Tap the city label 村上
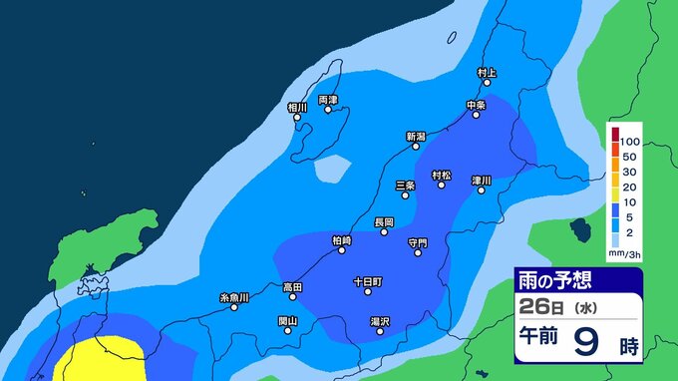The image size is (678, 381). coord(487,73)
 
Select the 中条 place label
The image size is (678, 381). coord(476,105)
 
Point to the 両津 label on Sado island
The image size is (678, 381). coord(328,101)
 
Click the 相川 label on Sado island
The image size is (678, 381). coord(297,108)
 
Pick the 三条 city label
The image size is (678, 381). coord(405,186)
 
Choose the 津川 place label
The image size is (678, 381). coord(482,181)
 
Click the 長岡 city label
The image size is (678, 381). coord(384,221)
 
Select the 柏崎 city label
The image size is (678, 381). coord(342,240)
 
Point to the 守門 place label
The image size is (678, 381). coord(417,242)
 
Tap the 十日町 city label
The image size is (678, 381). coord(367,282)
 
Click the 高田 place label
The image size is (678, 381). coord(292,287)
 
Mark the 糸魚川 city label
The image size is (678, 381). coord(234,297)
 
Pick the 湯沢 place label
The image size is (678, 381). coord(379,321)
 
